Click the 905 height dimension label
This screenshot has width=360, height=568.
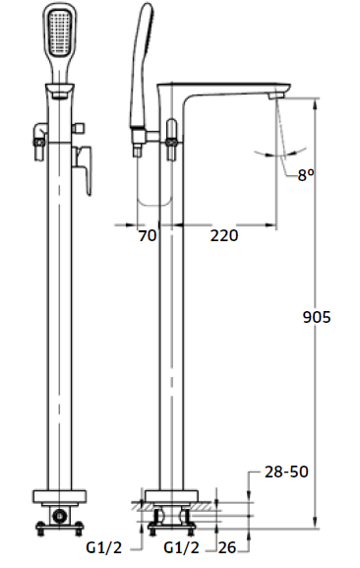317,317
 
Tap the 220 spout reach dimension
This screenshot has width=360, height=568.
224,236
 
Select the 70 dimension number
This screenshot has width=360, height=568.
148,236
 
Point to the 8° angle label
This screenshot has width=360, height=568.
306,175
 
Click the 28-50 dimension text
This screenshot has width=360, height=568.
286,472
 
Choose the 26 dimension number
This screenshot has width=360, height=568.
227,547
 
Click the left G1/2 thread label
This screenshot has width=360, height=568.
104,547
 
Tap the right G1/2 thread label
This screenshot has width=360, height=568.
181,547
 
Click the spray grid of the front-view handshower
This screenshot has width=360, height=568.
59,32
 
